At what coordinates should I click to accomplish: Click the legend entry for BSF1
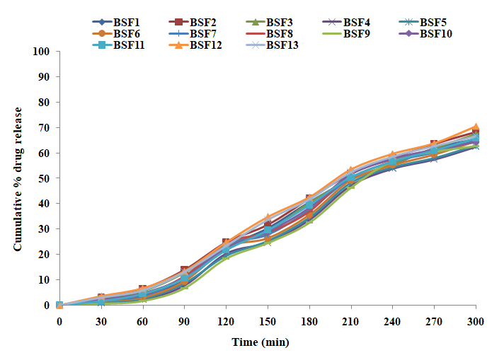coord(125,21)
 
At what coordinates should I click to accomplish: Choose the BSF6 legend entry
coord(125,33)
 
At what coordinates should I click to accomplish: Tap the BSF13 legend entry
coord(282,45)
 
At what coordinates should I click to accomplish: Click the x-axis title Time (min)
coord(260,343)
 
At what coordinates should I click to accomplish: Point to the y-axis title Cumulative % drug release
coord(18,178)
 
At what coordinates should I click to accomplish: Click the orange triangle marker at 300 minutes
coord(476,127)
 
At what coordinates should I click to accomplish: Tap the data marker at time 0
coord(59,305)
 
